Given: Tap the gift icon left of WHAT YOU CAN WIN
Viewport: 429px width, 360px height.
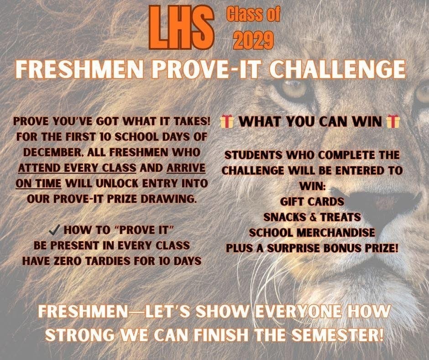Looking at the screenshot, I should click(x=227, y=122).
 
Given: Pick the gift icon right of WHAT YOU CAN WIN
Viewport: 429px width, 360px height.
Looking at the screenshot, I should click(x=392, y=122).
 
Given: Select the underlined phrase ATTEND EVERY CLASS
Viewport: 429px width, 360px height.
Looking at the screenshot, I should click(x=77, y=168).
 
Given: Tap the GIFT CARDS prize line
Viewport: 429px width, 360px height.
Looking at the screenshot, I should click(x=312, y=201).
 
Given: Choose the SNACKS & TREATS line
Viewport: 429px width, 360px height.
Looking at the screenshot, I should click(x=312, y=217).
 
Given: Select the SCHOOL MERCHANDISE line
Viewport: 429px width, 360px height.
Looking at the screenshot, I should click(x=312, y=233).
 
